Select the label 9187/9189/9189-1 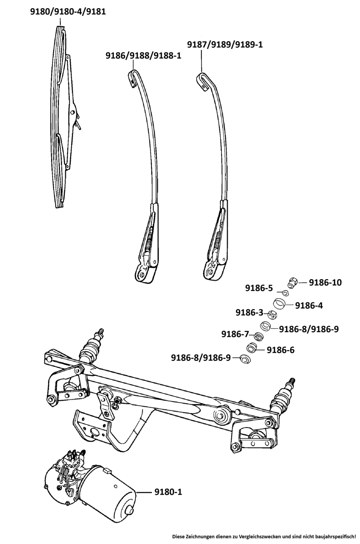point(225,45)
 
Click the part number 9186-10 point(325,282)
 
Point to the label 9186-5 point(259,288)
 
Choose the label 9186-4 point(309,306)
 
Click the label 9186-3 point(249,312)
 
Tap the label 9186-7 point(235,335)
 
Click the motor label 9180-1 point(168,491)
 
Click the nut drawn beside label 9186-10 point(292,282)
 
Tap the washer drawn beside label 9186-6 point(252,348)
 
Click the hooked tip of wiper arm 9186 point(132,76)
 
